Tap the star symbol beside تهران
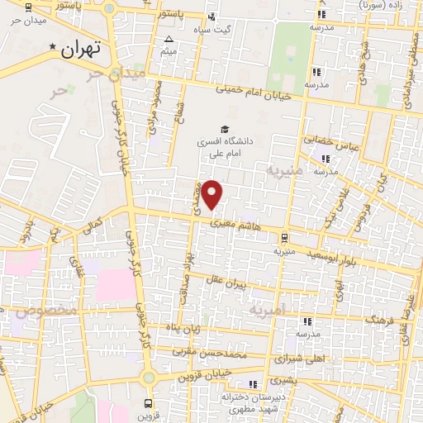coord(55,47)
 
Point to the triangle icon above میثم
coord(169,39)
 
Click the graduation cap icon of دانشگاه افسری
coord(223,128)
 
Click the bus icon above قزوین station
coord(148,404)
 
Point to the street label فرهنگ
coord(377,318)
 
